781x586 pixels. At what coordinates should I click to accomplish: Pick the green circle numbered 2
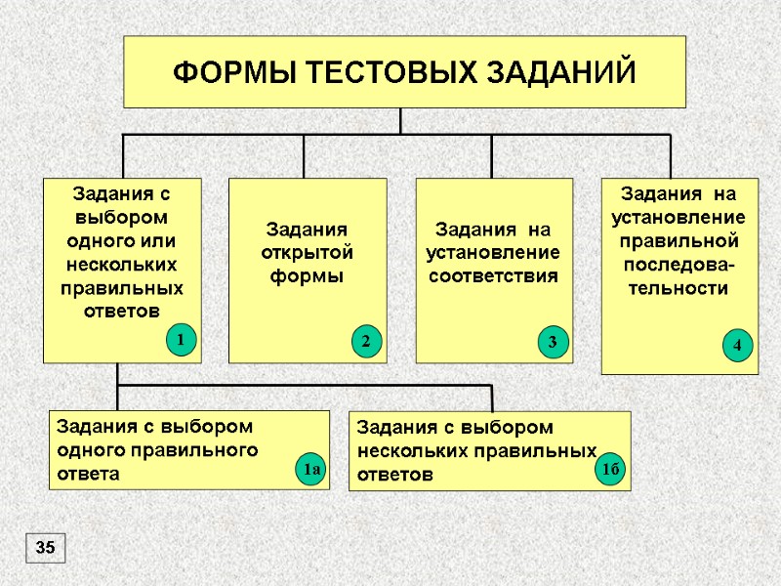click(x=365, y=342)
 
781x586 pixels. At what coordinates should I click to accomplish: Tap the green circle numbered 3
click(x=552, y=342)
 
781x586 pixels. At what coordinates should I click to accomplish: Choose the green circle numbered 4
click(x=737, y=345)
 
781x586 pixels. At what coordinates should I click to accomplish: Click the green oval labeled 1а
click(x=310, y=472)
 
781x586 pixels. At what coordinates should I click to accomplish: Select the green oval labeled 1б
click(x=611, y=472)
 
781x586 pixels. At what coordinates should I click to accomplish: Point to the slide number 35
click(x=45, y=548)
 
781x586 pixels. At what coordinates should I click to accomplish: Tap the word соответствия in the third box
click(x=494, y=275)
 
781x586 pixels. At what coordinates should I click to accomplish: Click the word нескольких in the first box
click(x=122, y=264)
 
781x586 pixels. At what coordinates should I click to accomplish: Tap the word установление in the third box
click(x=494, y=252)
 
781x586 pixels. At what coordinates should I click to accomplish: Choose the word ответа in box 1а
click(x=89, y=475)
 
